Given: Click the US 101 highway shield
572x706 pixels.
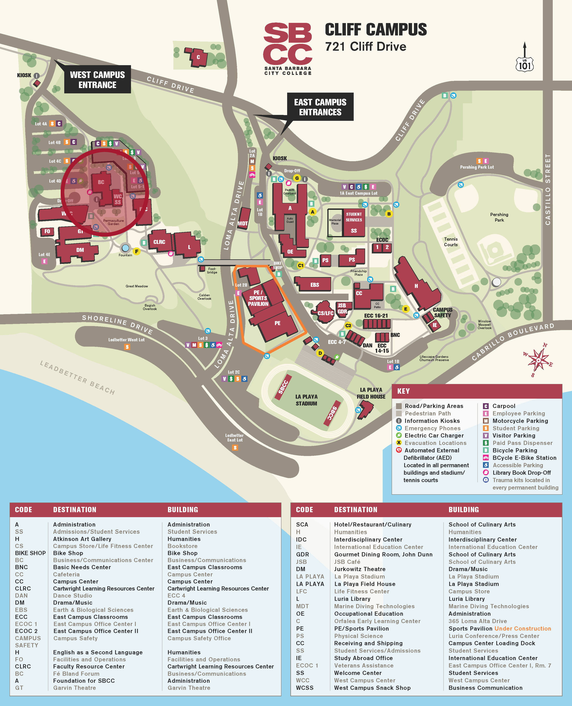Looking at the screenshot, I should tap(525, 64).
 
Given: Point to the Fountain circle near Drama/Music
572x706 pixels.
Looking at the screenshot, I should tap(125, 248).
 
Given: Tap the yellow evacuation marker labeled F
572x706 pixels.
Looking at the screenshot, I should tap(137, 251).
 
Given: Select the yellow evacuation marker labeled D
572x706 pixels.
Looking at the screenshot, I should tap(320, 353).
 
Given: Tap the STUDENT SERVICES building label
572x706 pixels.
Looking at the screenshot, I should tap(353, 217).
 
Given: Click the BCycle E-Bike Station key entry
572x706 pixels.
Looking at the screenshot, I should tap(524, 458).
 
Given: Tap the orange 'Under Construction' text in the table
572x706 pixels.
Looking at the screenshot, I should tap(523, 628).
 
